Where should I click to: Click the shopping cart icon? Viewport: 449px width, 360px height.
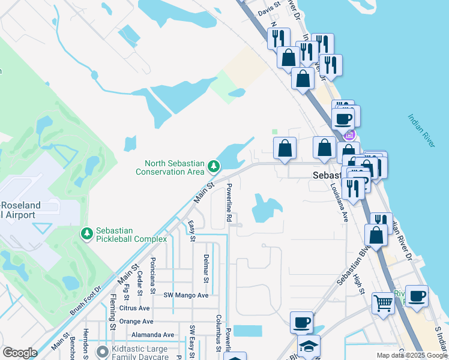coord(382,302)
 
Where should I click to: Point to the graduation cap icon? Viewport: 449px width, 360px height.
coord(309,346)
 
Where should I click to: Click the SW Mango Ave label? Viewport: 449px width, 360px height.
coord(186,295)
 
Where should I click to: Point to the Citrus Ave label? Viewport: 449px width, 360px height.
coord(134,308)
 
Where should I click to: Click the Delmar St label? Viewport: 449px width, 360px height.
coord(206,268)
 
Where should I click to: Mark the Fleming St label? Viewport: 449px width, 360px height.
coord(112,311)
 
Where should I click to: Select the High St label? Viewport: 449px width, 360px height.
coord(359,283)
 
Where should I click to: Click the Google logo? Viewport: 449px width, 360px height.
coord(20,353)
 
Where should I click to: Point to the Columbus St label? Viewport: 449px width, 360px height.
coord(219,330)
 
